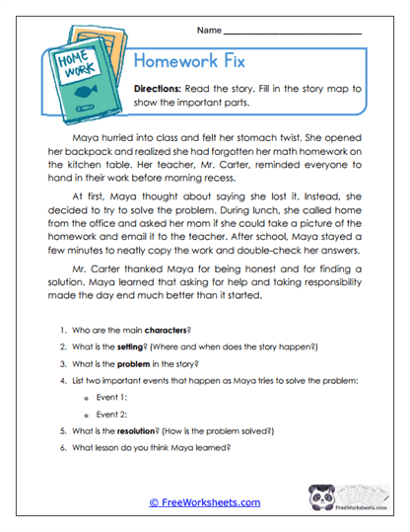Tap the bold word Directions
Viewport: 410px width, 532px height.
pyautogui.click(x=162, y=88)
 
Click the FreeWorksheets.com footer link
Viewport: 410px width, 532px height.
pyautogui.click(x=205, y=502)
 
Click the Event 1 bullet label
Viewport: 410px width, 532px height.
pyautogui.click(x=111, y=398)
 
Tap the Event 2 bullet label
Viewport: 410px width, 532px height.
pyautogui.click(x=111, y=415)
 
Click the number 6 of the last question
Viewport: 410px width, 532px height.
pyautogui.click(x=61, y=448)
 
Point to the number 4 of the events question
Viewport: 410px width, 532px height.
pyautogui.click(x=61, y=381)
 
